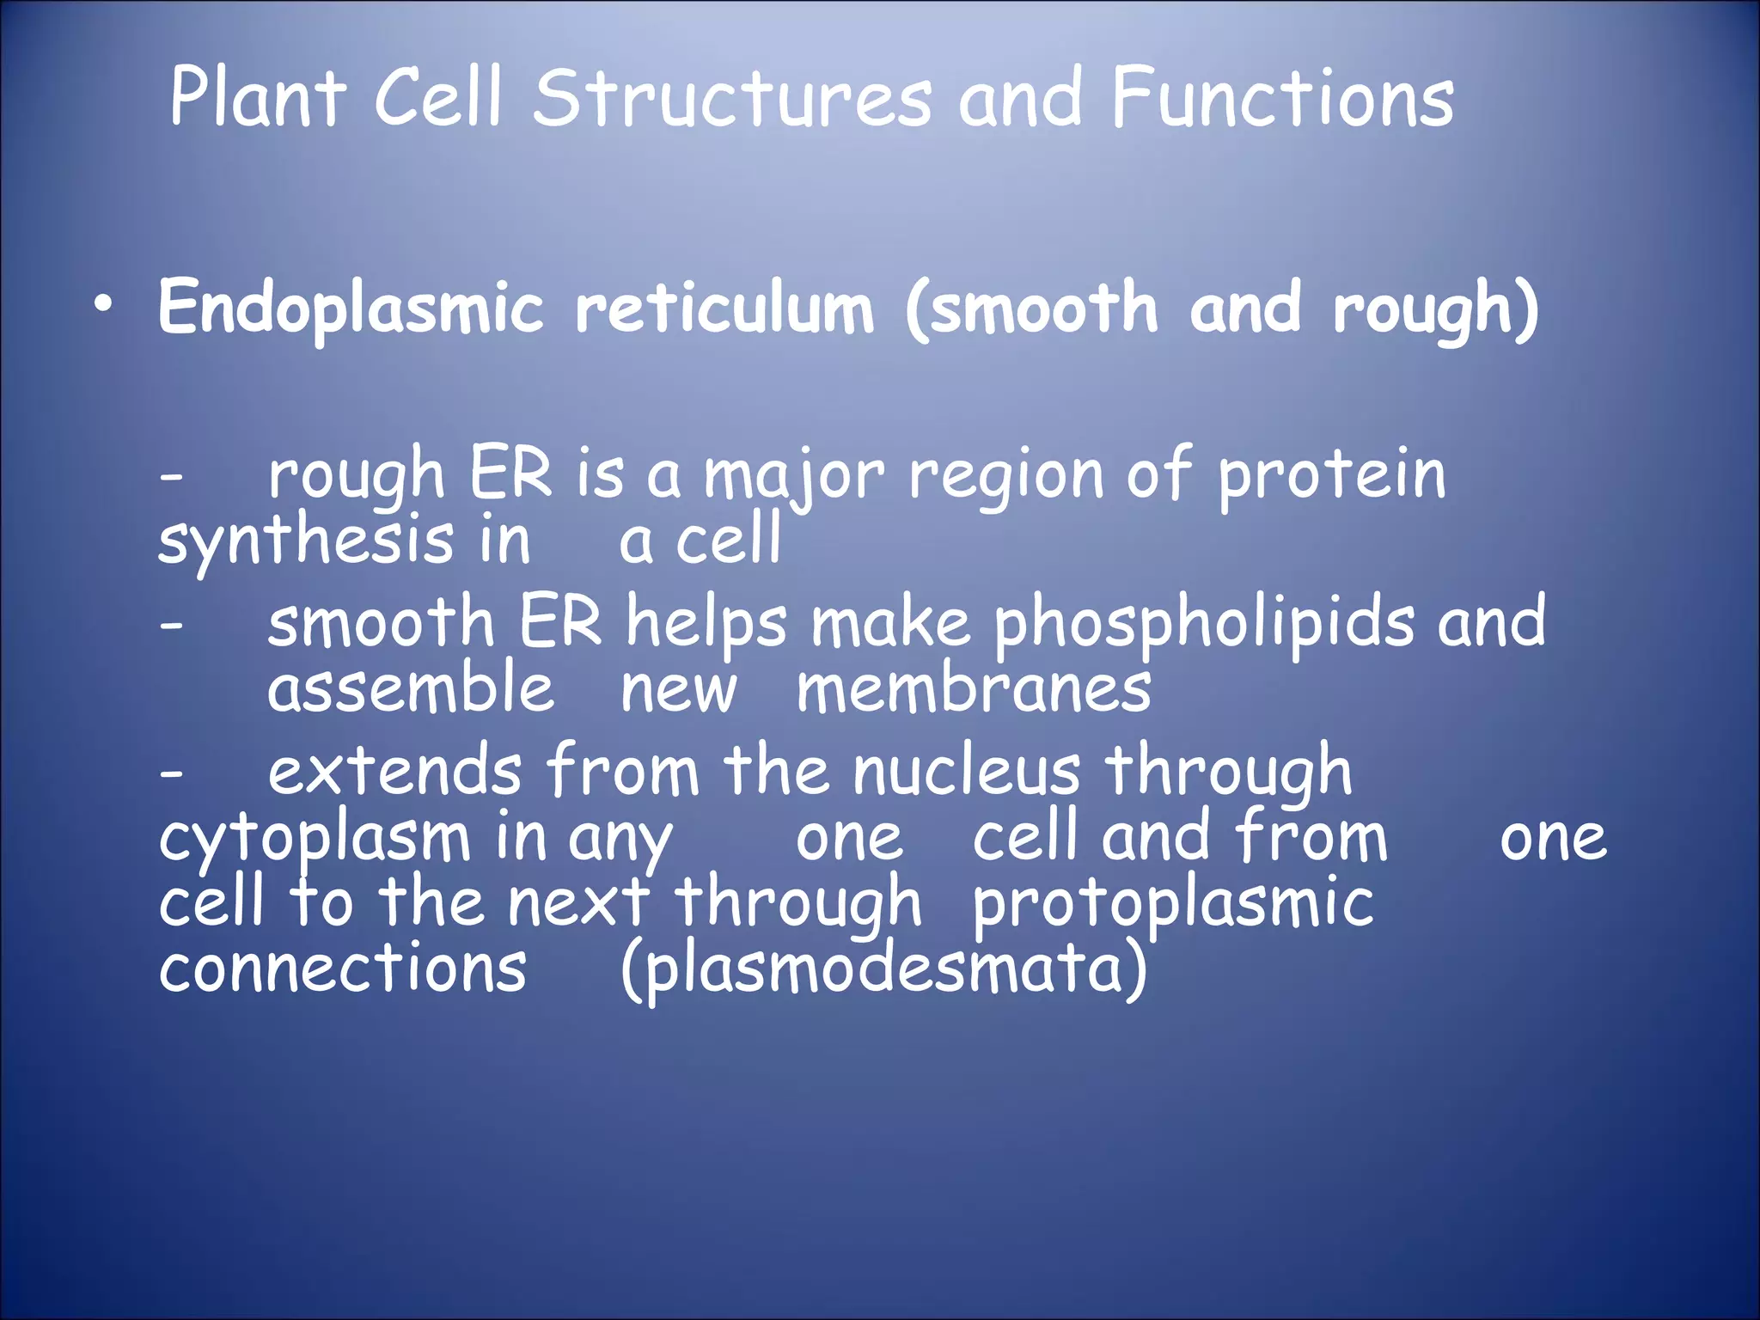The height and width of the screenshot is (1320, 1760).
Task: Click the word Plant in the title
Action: pyautogui.click(x=258, y=99)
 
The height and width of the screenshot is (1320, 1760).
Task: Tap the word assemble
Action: pyautogui.click(x=411, y=689)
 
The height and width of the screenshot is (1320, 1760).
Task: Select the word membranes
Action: pyautogui.click(x=974, y=691)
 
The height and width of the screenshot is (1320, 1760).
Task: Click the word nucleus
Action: pyautogui.click(x=966, y=772)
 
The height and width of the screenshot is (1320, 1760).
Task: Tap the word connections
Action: pyautogui.click(x=342, y=969)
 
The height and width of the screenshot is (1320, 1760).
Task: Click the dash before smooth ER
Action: pyautogui.click(x=171, y=626)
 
